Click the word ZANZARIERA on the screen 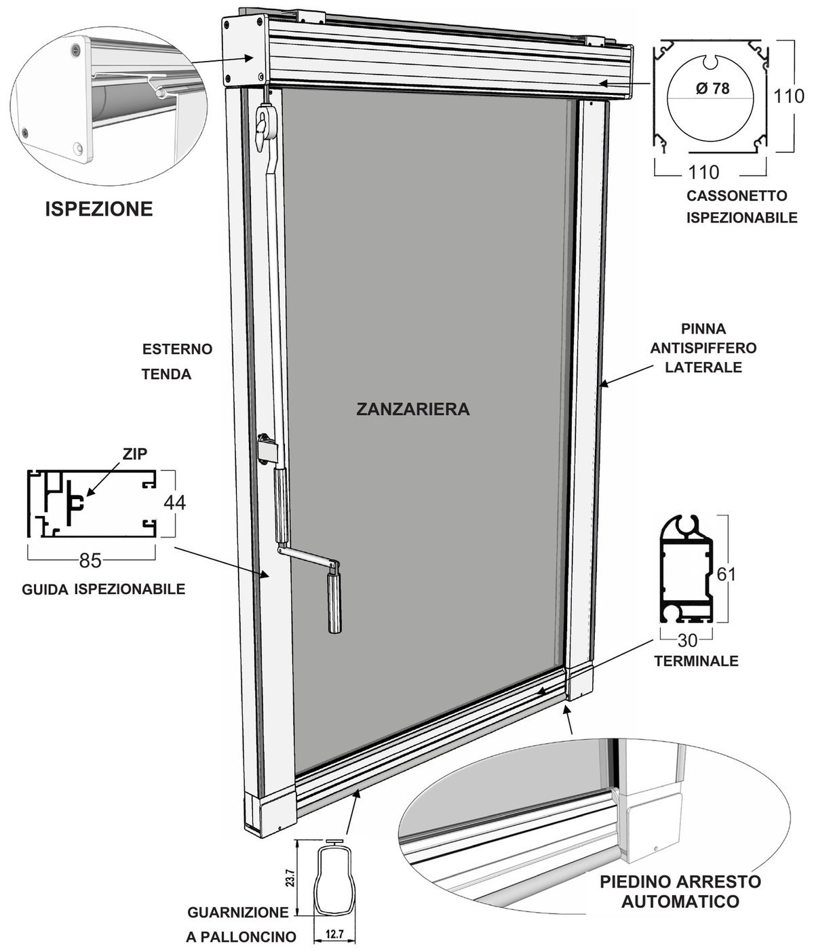tap(413, 409)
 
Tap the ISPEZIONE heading tap(98, 209)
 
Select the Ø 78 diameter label tap(713, 88)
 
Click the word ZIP tap(135, 454)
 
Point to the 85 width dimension tap(90, 561)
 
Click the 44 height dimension tap(174, 502)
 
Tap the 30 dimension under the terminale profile tap(687, 640)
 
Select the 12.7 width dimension tap(334, 934)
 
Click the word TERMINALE tap(696, 661)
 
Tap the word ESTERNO tap(177, 349)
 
